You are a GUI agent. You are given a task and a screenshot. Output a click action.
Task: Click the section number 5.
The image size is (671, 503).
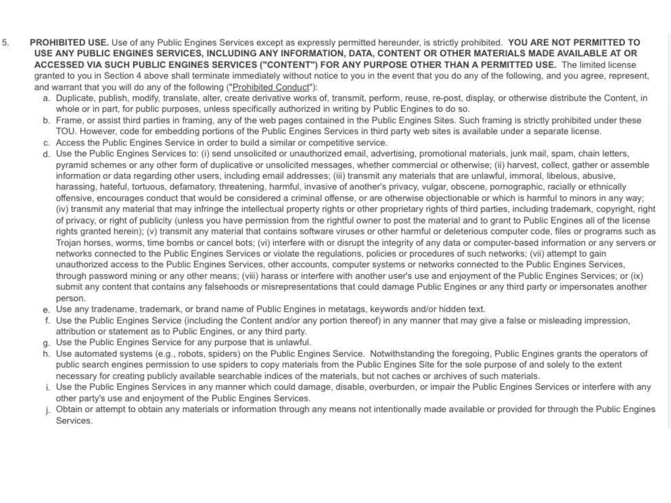[6, 43]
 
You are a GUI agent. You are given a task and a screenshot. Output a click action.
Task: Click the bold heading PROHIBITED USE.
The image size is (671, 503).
[69, 43]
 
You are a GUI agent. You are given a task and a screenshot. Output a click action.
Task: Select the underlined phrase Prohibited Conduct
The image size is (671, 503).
[271, 87]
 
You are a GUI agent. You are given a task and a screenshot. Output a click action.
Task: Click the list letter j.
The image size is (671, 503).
[48, 410]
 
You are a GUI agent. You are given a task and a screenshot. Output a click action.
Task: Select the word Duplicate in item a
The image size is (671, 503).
[76, 98]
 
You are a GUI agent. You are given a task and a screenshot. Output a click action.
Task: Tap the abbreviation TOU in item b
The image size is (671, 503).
[66, 131]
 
